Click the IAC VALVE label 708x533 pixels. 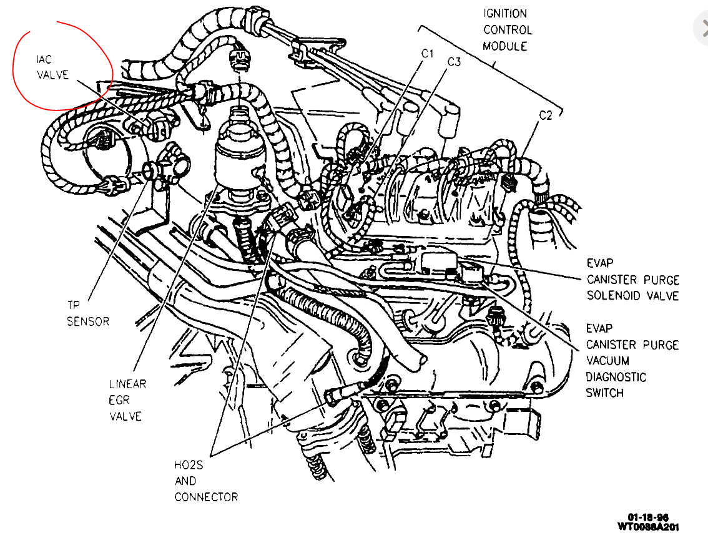[x=51, y=67]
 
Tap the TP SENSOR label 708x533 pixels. [x=88, y=313]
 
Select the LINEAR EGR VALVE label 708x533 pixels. [x=127, y=399]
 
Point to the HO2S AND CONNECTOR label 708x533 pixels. [x=205, y=481]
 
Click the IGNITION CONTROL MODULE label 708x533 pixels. [x=507, y=29]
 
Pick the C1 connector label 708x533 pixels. [x=427, y=54]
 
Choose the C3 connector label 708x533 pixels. [x=454, y=61]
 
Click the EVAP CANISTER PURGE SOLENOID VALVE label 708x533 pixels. [x=632, y=280]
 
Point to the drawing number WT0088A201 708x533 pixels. [x=647, y=526]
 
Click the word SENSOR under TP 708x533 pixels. [x=88, y=321]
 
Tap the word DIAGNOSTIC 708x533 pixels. [x=616, y=377]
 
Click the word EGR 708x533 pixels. [x=119, y=399]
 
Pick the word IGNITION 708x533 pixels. [x=505, y=13]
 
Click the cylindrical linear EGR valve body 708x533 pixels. [x=237, y=159]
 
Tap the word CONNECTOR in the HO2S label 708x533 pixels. [x=205, y=497]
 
